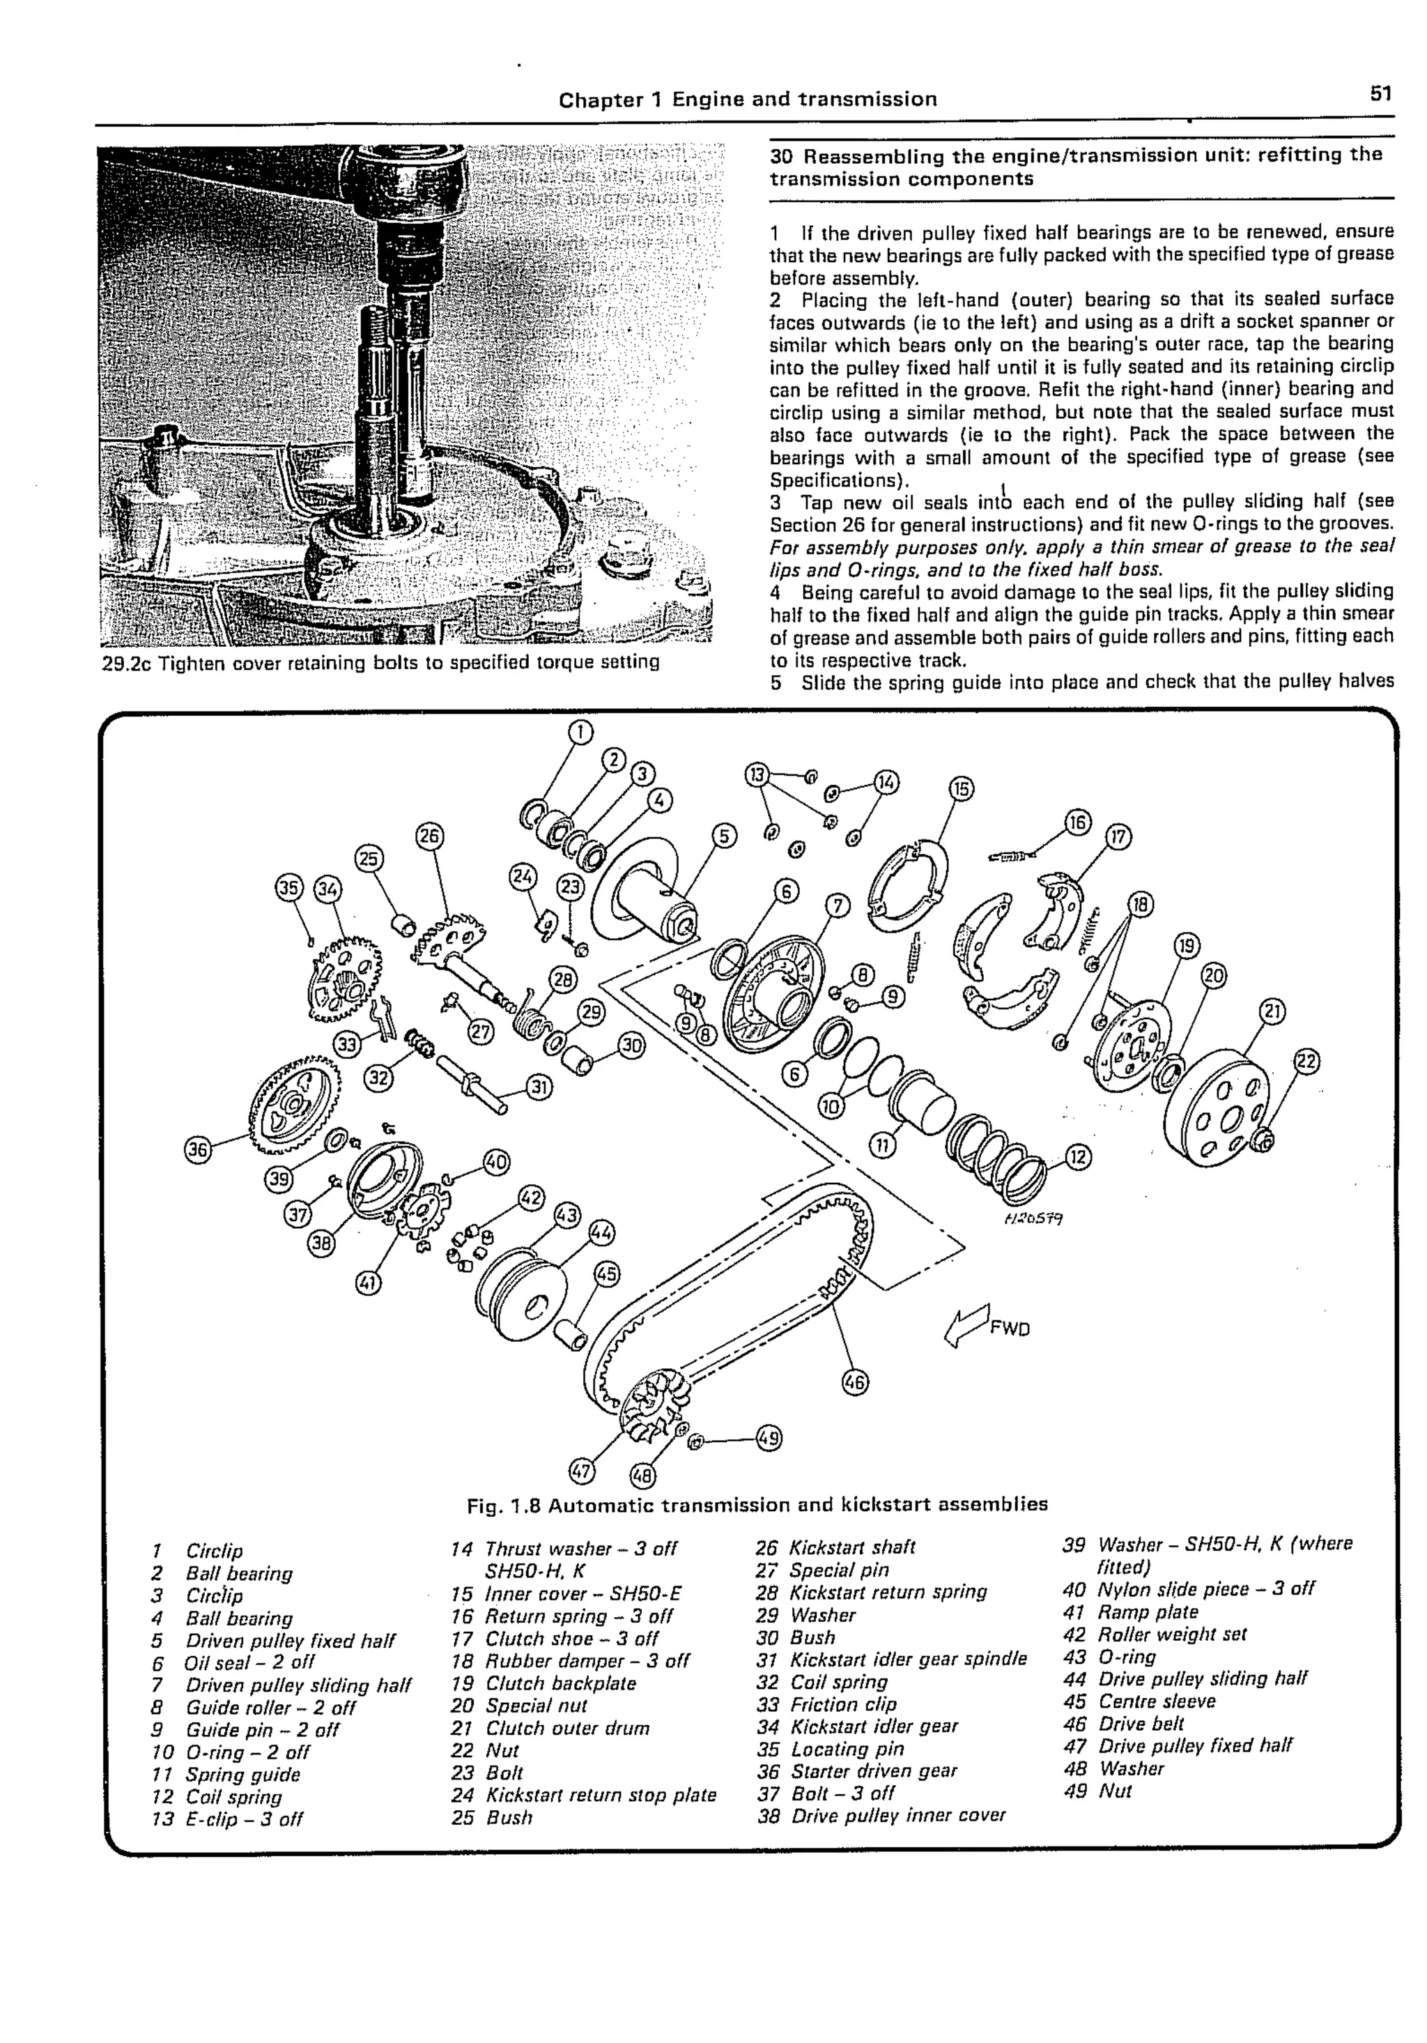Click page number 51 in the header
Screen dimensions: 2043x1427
(x=1380, y=93)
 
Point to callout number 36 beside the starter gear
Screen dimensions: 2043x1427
(x=197, y=1149)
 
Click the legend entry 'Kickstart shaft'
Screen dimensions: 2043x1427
(x=851, y=1547)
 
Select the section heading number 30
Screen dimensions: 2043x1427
(x=781, y=155)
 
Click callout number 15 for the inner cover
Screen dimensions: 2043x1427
(x=962, y=788)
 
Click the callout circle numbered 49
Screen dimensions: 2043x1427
(x=769, y=1437)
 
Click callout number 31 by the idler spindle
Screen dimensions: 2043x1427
(x=539, y=1087)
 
